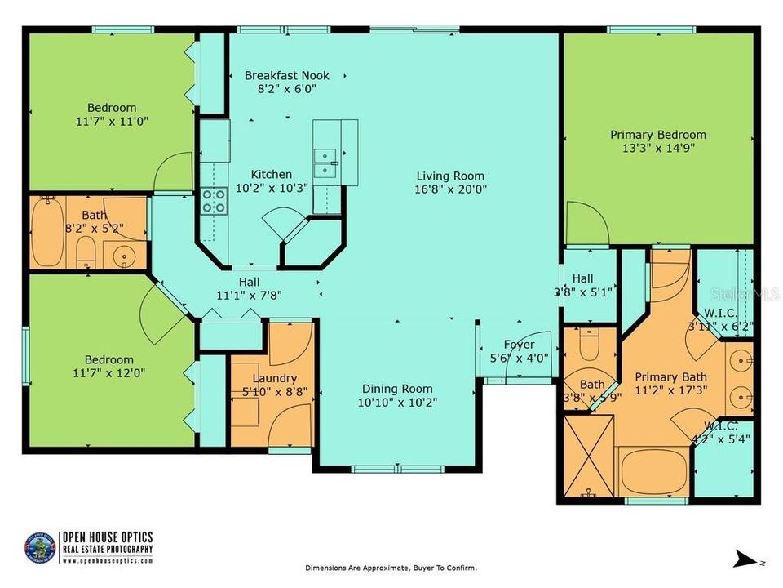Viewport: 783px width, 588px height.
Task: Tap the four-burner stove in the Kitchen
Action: point(214,201)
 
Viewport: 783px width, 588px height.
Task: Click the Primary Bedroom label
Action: point(658,135)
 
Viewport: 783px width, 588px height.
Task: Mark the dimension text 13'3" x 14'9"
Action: point(658,148)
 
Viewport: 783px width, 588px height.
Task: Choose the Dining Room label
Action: point(397,389)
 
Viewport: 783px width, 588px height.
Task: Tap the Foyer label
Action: point(519,345)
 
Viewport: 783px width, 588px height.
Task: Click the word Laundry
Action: point(268,378)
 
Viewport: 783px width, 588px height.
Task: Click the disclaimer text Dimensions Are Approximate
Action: point(391,568)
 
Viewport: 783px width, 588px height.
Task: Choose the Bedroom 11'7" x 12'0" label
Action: point(110,360)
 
